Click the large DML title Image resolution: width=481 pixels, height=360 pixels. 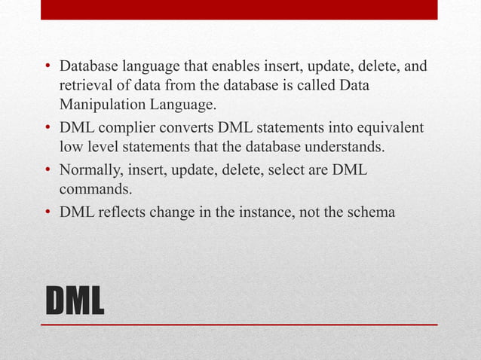tap(75, 301)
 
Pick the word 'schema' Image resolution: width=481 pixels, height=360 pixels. tap(369, 213)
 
